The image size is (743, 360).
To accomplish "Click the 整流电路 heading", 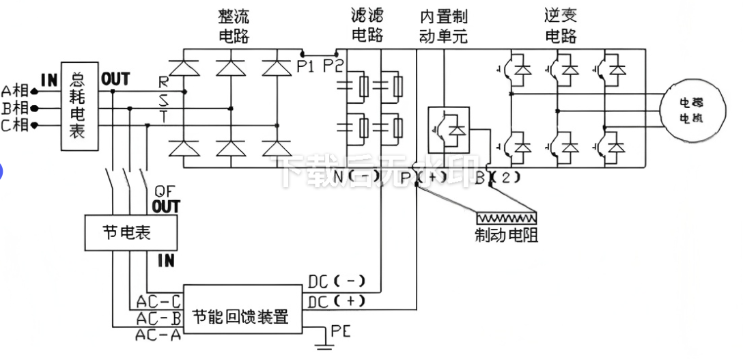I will pyautogui.click(x=234, y=25).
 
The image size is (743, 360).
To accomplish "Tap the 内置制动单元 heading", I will pyautogui.click(x=443, y=25).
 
